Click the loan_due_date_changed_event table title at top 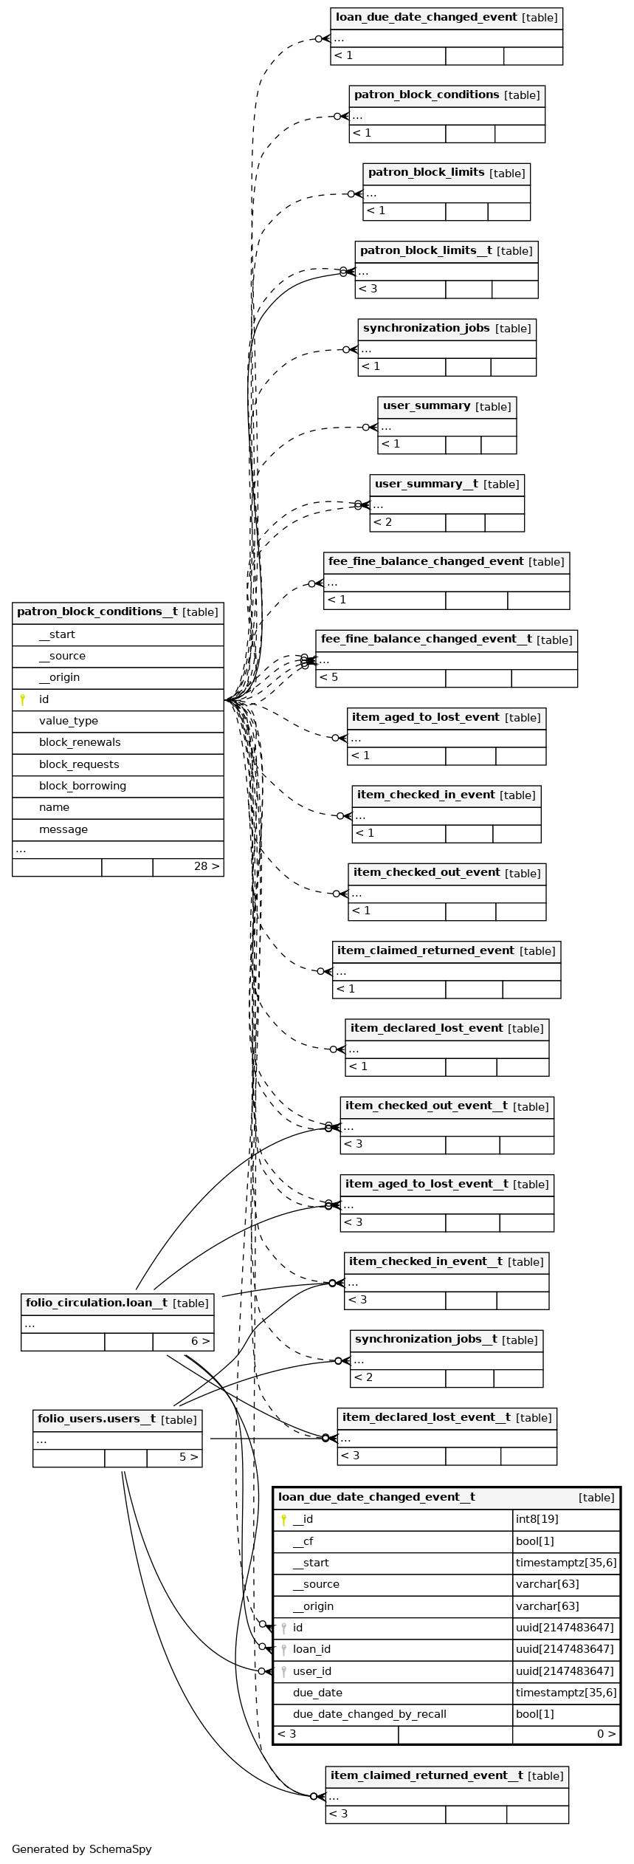tap(446, 18)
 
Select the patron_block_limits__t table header tap(446, 251)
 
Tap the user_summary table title tap(447, 407)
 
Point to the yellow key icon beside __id tap(283, 1520)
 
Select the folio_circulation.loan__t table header tap(117, 1303)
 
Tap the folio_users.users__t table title tap(117, 1419)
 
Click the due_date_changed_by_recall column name tap(369, 1714)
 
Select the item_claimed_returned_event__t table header tap(447, 1776)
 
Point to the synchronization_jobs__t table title tap(446, 1340)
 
